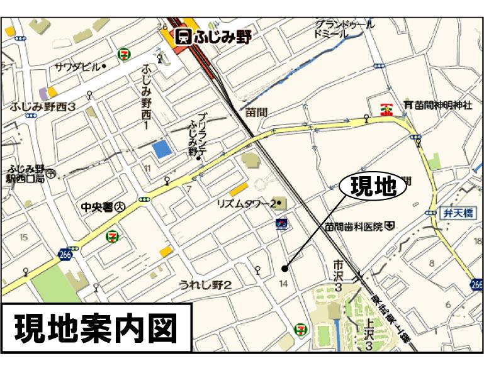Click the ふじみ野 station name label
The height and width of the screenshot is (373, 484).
223,36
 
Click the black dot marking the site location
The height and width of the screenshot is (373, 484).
284,269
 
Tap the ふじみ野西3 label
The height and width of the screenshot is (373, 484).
43,107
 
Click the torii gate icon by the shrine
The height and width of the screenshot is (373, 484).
407,104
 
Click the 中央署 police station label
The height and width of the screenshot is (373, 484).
99,206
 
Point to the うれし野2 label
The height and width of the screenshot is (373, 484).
206,286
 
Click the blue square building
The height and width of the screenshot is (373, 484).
162,150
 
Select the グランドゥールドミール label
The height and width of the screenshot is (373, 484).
344,30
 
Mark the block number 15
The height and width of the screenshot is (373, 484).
24,237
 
